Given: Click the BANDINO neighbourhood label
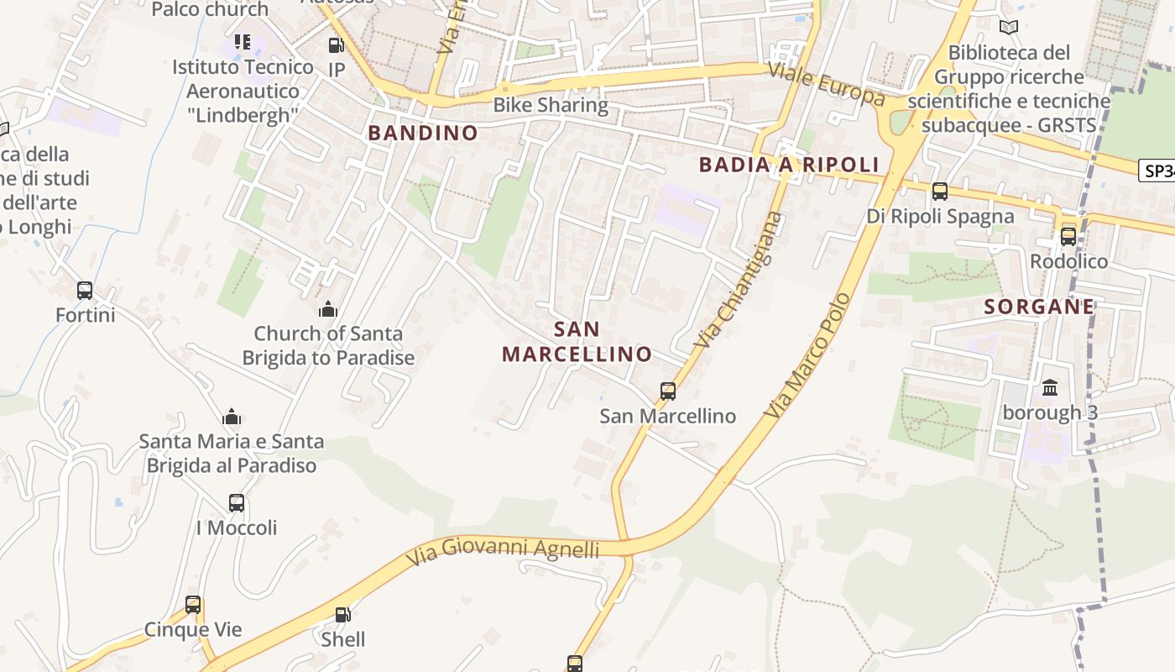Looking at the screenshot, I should tap(423, 133).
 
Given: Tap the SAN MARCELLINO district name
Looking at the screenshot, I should tap(577, 342).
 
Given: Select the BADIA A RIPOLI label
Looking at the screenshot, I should tap(789, 165).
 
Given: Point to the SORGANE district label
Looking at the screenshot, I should tap(1039, 307).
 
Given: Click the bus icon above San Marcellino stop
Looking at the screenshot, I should tap(668, 391).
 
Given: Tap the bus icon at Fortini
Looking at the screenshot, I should tap(85, 291).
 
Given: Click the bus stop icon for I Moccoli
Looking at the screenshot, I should tap(237, 503).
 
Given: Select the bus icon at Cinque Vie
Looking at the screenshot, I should tap(193, 605).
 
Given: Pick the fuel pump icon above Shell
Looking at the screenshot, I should tap(342, 615).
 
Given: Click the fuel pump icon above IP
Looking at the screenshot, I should tap(336, 45).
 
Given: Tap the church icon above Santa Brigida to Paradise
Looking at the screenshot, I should tap(328, 309).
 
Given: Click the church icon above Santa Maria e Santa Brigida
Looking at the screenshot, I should tap(232, 417).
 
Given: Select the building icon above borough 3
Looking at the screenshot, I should tap(1050, 387).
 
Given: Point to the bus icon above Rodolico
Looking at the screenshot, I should tap(1068, 236).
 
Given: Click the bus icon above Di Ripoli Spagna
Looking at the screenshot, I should tap(940, 192).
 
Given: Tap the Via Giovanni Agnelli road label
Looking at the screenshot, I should tap(503, 551).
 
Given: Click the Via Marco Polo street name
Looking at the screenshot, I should tap(807, 356).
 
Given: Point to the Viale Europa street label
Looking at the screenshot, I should tap(826, 84).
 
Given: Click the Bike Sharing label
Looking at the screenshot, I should tap(551, 105).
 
